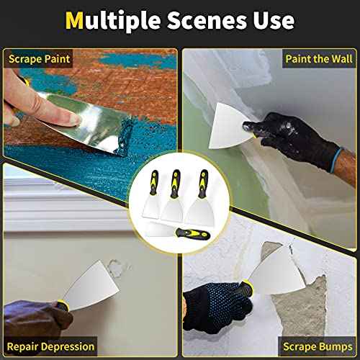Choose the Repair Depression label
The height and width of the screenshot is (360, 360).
48,346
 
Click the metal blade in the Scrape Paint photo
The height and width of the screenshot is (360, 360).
86,115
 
